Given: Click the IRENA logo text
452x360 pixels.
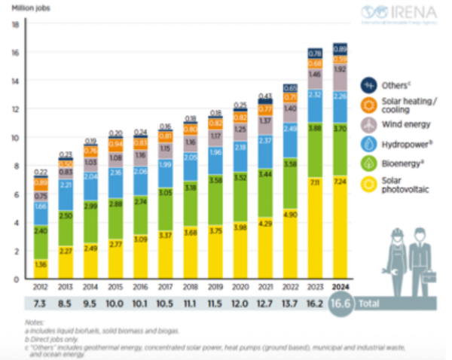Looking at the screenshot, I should (410, 12).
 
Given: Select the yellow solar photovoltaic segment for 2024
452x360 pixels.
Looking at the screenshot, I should (339, 226).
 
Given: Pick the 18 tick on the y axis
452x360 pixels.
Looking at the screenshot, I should (14, 25).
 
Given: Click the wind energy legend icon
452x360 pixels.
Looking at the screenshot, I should (370, 125).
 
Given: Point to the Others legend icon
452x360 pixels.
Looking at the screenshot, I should (370, 84).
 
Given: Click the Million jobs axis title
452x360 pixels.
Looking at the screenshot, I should (26, 8).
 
